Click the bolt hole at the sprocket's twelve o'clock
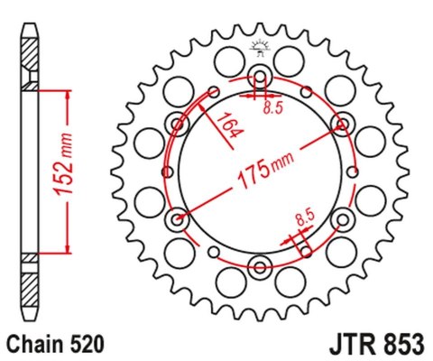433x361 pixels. (x=260, y=75)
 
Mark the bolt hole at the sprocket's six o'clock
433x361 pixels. (x=260, y=264)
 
